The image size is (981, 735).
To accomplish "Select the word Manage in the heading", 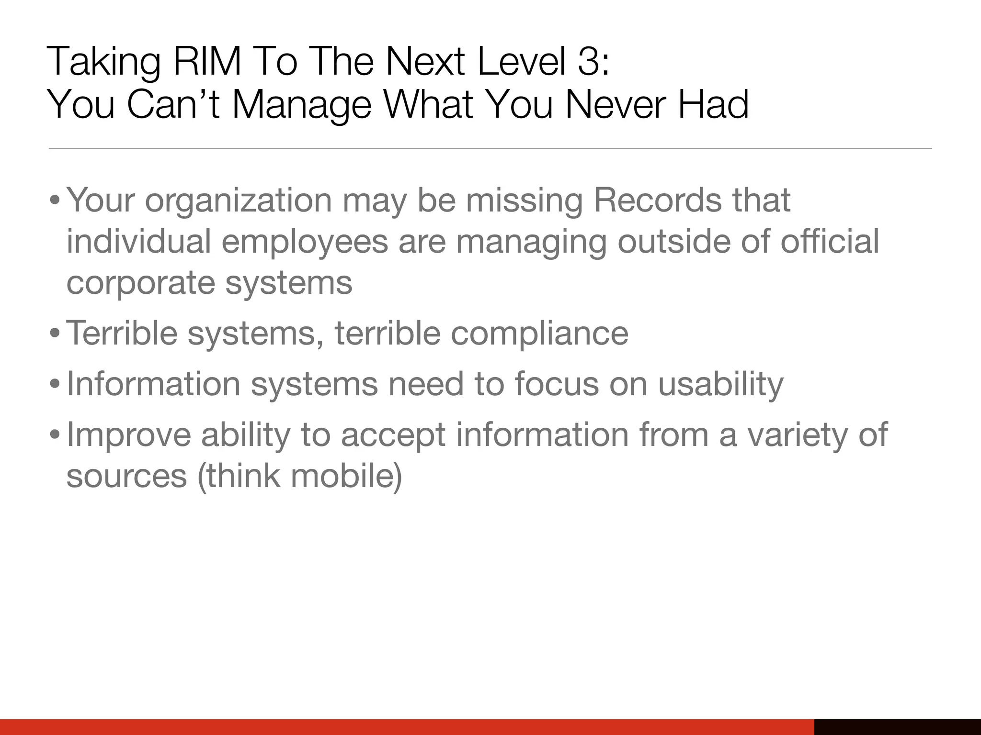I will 301,105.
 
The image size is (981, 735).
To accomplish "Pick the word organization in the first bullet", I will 238,200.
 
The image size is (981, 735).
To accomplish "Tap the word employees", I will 305,242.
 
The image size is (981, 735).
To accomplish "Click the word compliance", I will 539,334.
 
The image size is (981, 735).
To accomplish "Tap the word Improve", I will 129,435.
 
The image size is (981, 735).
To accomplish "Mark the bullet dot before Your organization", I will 55,201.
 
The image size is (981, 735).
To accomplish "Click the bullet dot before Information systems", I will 55,385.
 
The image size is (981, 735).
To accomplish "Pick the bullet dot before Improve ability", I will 55,435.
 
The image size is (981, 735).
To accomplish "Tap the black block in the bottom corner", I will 897,726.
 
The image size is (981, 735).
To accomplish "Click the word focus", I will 556,384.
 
